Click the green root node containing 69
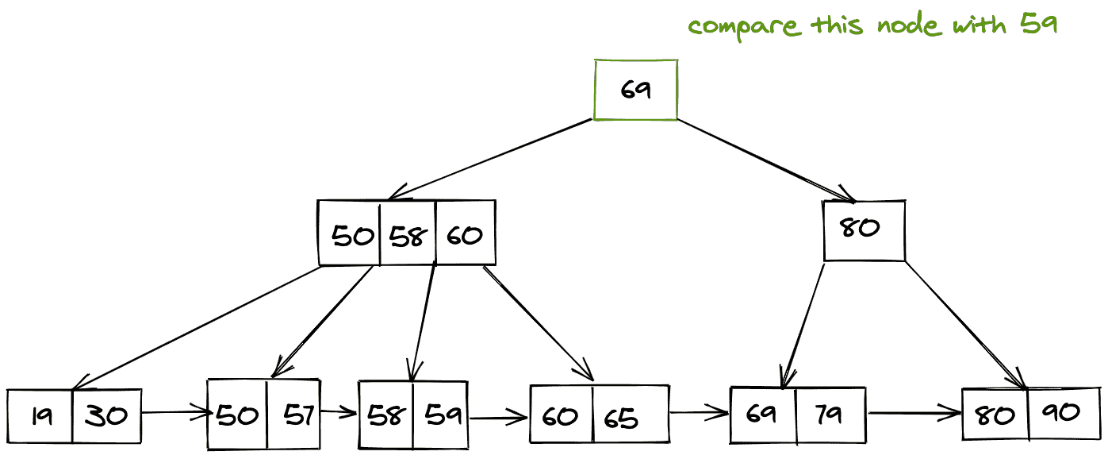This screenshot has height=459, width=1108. pyautogui.click(x=636, y=89)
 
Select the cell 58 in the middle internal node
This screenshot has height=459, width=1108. pyautogui.click(x=408, y=235)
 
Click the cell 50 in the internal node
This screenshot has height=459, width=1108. pyautogui.click(x=351, y=235)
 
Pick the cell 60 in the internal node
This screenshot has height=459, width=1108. pyautogui.click(x=466, y=235)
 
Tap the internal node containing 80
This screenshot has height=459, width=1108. pyautogui.click(x=863, y=230)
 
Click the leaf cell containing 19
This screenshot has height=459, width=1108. pyautogui.click(x=40, y=415)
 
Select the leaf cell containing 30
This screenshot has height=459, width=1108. pyautogui.click(x=105, y=415)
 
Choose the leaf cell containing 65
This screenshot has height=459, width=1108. pyautogui.click(x=629, y=415)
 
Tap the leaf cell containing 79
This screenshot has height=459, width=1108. pyautogui.click(x=830, y=415)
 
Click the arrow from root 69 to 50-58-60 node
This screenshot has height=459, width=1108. pyautogui.click(x=492, y=159)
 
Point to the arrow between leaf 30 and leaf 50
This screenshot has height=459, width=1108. pyautogui.click(x=174, y=413)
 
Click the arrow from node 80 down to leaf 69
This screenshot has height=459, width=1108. pyautogui.click(x=803, y=326)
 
